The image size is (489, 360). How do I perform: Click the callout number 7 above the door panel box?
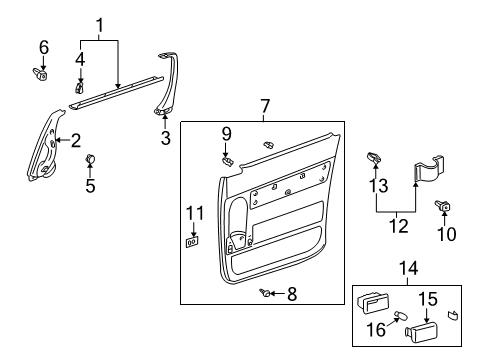pos(264,106)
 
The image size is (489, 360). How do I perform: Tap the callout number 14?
pos(408,268)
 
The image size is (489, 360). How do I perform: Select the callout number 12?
pos(399,226)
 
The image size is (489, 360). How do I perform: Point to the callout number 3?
pos(166,138)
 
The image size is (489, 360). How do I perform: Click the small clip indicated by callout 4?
pos(79,88)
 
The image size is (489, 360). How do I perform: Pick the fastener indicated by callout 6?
pos(41,74)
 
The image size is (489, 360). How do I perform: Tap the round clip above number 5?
pos(90,158)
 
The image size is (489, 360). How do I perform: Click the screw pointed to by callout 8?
pos(265,293)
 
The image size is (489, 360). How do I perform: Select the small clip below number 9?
pos(227,162)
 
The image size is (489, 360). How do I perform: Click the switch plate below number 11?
pos(192,242)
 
